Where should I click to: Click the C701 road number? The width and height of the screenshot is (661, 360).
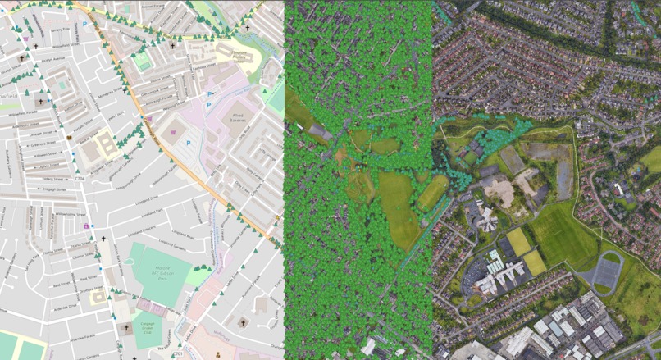tap(178, 353)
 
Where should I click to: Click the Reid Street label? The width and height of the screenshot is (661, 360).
tap(62, 285)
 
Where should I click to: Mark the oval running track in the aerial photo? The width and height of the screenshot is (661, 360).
tap(608, 270)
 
